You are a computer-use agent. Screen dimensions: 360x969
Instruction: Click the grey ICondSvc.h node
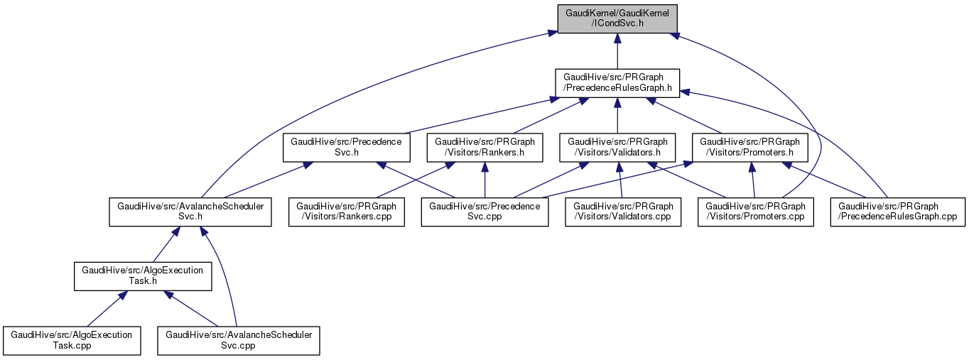(617, 18)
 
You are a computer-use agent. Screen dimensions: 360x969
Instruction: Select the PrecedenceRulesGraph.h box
(617, 83)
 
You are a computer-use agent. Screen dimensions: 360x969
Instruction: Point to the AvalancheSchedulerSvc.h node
(190, 212)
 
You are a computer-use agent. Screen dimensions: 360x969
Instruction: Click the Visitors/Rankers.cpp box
(346, 212)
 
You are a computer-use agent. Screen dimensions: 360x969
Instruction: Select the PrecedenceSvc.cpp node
(484, 212)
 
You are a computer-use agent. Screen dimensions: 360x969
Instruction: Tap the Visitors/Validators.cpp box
(623, 212)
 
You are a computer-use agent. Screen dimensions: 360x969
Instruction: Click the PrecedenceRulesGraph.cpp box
(898, 212)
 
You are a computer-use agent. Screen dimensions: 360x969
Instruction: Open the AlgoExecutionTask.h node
(143, 276)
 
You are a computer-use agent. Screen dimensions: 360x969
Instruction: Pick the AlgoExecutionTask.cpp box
(70, 341)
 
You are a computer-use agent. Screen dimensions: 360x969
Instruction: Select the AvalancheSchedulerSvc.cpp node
(238, 341)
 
